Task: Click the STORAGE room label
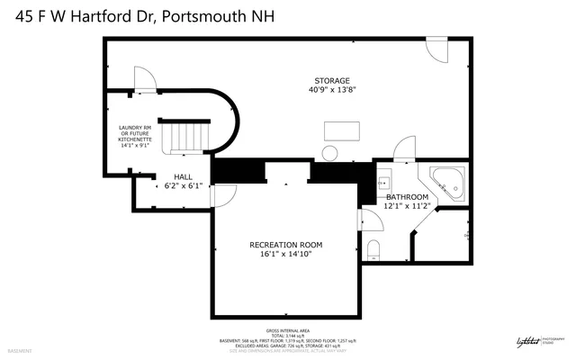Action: click(332, 80)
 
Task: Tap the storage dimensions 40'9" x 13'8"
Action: click(332, 89)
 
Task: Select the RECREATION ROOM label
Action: click(285, 245)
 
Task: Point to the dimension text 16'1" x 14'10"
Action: click(285, 254)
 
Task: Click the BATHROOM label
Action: click(407, 197)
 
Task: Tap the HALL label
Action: click(171, 177)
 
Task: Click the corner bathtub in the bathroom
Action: click(447, 182)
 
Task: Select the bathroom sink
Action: click(384, 176)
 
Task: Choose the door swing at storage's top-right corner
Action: click(436, 52)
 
